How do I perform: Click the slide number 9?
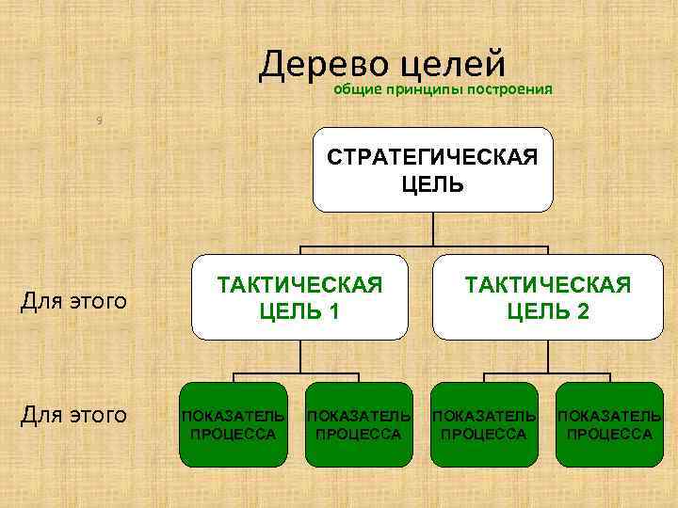tap(100, 119)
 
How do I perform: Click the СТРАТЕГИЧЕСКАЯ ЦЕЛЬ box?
tap(432, 169)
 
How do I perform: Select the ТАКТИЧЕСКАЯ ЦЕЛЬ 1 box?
tap(300, 297)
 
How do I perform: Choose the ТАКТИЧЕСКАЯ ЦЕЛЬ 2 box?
tap(546, 297)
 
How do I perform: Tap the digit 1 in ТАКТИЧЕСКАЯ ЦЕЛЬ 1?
tap(335, 311)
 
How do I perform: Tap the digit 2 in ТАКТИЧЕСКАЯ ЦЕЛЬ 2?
tap(583, 311)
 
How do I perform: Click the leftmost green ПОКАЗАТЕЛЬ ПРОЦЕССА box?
tap(234, 424)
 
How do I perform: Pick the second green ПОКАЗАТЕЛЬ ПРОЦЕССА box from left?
tap(359, 424)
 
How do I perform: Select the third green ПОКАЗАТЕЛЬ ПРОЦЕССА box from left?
tap(484, 424)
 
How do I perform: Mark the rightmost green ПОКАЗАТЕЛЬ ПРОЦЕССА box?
tap(609, 424)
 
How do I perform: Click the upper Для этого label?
tap(73, 302)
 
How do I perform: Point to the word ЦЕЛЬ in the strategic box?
tap(432, 183)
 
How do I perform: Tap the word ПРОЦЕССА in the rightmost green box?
tap(609, 434)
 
